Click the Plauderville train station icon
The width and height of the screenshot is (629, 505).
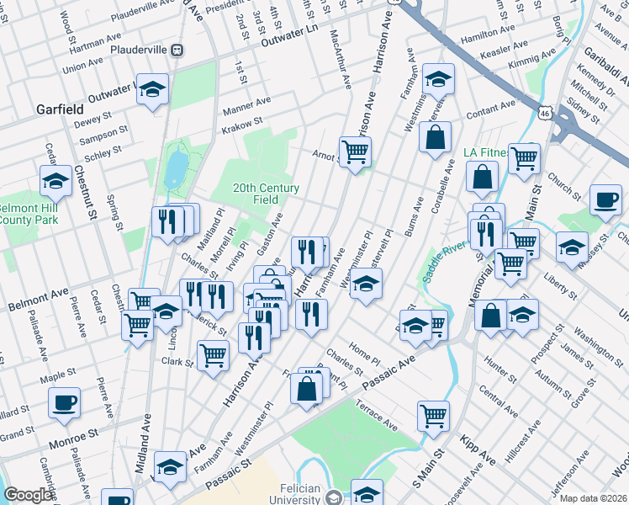[x=177, y=50]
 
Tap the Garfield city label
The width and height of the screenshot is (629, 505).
[x=60, y=109]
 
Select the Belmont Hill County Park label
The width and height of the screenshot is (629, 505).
[x=24, y=214]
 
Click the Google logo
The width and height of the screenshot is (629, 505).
[x=27, y=495]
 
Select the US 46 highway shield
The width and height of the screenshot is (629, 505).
[x=546, y=112]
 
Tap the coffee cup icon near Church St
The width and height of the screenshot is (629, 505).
[x=605, y=199]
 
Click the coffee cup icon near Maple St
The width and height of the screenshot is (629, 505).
[x=64, y=403]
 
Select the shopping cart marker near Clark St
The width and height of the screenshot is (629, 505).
[x=213, y=355]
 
